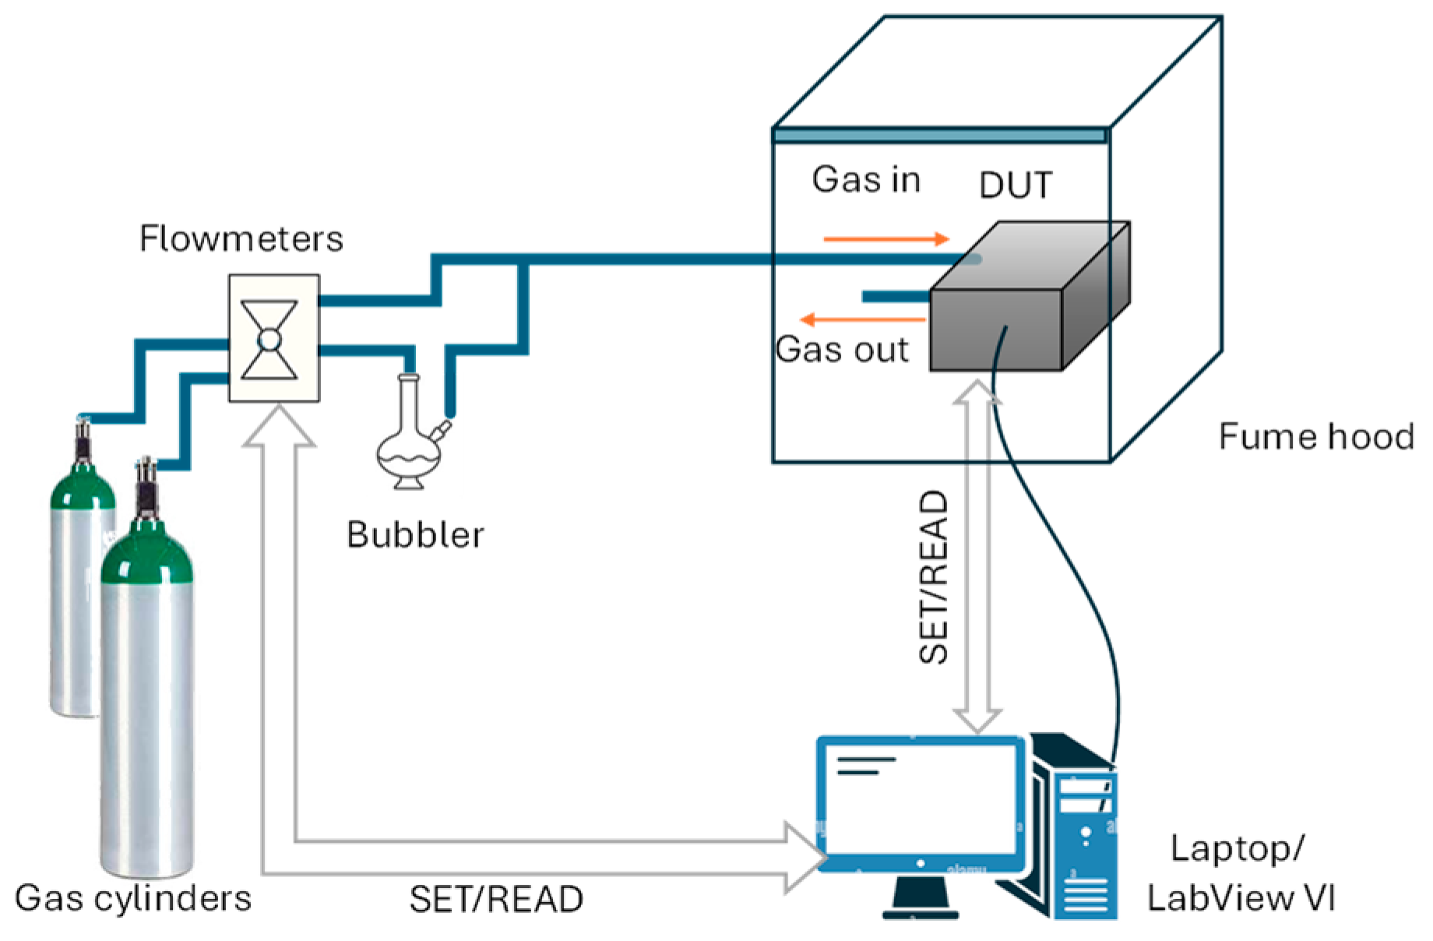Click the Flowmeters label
(241, 238)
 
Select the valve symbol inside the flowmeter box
(269, 340)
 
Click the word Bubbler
(415, 534)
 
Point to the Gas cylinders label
(133, 898)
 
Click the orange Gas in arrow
(886, 239)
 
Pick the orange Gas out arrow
(863, 319)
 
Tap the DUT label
(1015, 185)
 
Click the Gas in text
(866, 180)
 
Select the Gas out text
(842, 350)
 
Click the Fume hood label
(1315, 436)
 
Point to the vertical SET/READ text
(934, 576)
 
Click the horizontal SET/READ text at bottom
(496, 900)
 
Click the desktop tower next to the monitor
(1079, 834)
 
